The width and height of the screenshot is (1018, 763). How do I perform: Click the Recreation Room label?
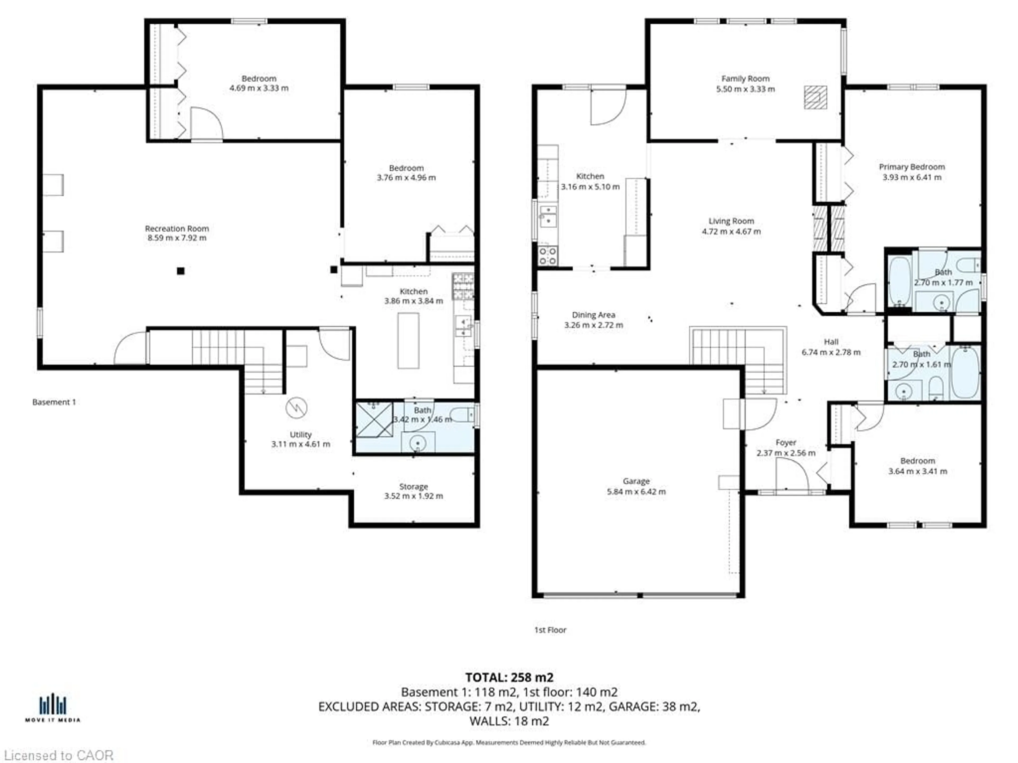177,229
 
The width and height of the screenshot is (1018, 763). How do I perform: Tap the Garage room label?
636,481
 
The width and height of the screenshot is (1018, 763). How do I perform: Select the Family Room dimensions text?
745,89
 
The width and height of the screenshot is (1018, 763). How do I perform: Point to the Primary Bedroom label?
912,167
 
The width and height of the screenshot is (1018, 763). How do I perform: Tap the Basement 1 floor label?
54,402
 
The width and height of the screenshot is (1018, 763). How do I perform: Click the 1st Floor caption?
550,630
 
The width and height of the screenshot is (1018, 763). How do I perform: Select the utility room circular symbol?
296,407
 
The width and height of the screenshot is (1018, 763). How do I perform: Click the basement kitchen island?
408,340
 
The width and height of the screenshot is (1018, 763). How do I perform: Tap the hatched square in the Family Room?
815,97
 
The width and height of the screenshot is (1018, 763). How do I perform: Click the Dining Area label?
593,315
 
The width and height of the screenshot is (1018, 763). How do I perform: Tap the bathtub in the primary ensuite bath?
899,281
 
